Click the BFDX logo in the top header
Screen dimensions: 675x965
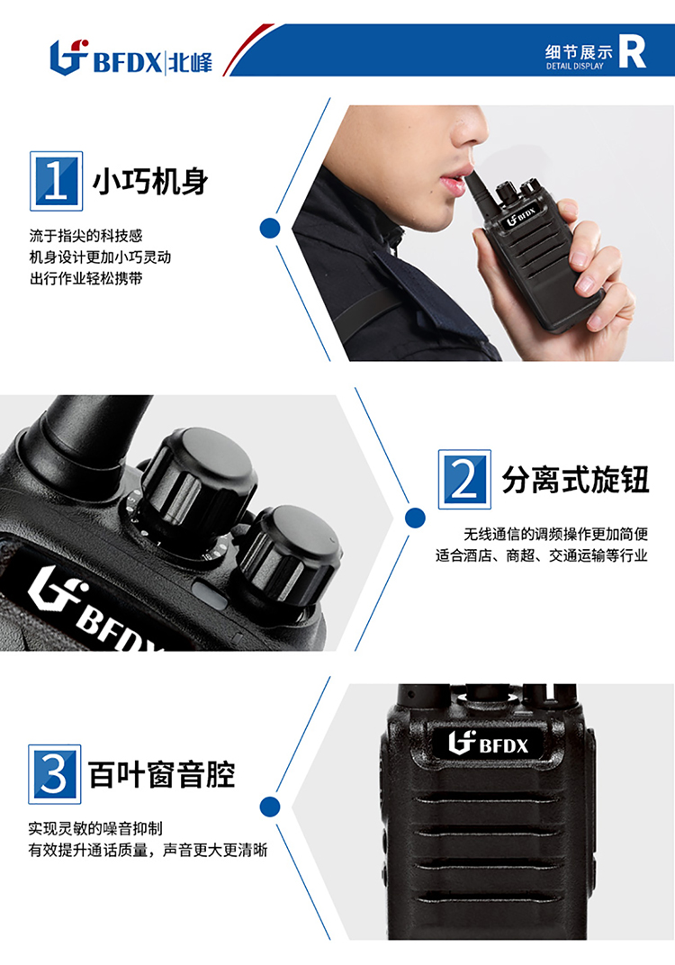pyautogui.click(x=131, y=58)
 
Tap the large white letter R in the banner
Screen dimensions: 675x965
pyautogui.click(x=632, y=51)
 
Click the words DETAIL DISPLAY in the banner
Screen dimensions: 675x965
pyautogui.click(x=575, y=66)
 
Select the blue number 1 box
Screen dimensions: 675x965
pyautogui.click(x=56, y=181)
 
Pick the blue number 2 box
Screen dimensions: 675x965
pyautogui.click(x=464, y=480)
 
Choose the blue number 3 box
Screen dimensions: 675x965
pyautogui.click(x=55, y=774)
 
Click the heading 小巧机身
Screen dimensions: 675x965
pyautogui.click(x=151, y=182)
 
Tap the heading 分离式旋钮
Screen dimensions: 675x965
pyautogui.click(x=575, y=480)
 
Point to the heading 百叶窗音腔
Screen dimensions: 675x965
pyautogui.click(x=162, y=774)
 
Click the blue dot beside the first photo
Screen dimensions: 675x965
pyautogui.click(x=269, y=229)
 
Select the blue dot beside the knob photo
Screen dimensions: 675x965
pyautogui.click(x=415, y=518)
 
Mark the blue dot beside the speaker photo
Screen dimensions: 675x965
pyautogui.click(x=269, y=807)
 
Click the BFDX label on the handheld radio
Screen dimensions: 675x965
pyautogui.click(x=521, y=217)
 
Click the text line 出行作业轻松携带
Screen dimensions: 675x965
pyautogui.click(x=86, y=279)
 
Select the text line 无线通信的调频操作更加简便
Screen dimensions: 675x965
pyautogui.click(x=556, y=534)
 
